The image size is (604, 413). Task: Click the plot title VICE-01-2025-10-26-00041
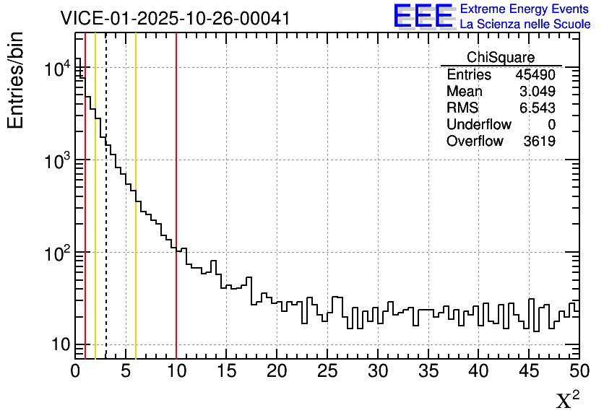pyautogui.click(x=175, y=18)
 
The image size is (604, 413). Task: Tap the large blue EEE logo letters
pyautogui.click(x=423, y=16)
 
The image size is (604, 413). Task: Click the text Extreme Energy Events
pyautogui.click(x=525, y=9)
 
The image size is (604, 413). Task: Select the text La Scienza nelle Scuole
pyautogui.click(x=525, y=25)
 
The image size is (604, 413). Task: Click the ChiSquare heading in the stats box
pyautogui.click(x=501, y=58)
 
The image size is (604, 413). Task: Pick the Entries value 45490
pyautogui.click(x=535, y=75)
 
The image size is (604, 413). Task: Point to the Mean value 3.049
pyautogui.click(x=538, y=92)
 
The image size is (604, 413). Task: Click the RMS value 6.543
pyautogui.click(x=538, y=108)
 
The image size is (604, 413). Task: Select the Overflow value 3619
pyautogui.click(x=539, y=142)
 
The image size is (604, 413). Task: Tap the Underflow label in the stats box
pyautogui.click(x=478, y=125)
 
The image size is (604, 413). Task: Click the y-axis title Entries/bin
pyautogui.click(x=16, y=81)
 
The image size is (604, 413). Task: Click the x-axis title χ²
pyautogui.click(x=567, y=400)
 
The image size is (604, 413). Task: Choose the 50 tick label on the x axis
pyautogui.click(x=578, y=371)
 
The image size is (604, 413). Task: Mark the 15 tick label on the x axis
pyautogui.click(x=227, y=371)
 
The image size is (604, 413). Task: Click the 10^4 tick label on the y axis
pyautogui.click(x=57, y=69)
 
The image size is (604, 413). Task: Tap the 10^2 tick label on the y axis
pyautogui.click(x=57, y=253)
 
